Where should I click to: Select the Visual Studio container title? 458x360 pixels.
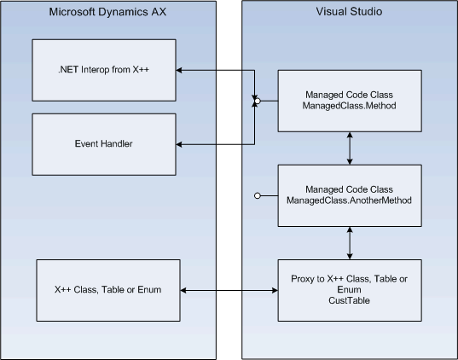[x=351, y=12]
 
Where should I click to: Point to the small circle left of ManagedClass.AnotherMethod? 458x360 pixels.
[x=257, y=196]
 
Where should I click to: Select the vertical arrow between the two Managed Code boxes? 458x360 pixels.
[x=351, y=148]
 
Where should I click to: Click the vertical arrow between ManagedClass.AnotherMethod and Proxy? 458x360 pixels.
[x=351, y=243]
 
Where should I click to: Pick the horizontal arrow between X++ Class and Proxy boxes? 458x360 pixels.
[x=229, y=292]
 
